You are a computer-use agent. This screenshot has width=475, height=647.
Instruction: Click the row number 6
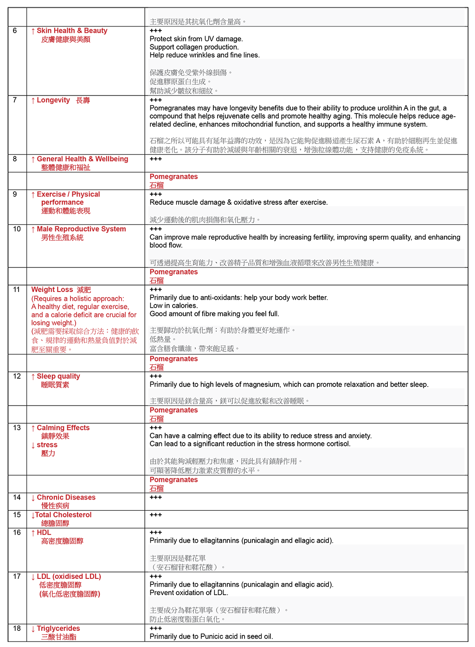point(15,31)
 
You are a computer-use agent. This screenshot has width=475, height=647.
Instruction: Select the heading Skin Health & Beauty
point(72,31)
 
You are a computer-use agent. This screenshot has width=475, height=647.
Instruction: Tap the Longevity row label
point(53,100)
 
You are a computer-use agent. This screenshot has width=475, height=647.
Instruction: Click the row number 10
point(17,229)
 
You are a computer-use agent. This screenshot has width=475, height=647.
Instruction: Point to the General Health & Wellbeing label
point(82,159)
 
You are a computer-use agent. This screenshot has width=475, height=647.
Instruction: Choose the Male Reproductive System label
point(81,229)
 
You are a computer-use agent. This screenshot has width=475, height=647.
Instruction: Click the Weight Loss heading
point(52,290)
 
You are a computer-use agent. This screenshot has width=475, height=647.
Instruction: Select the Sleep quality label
point(58,376)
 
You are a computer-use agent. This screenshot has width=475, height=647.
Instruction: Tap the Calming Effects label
point(63,428)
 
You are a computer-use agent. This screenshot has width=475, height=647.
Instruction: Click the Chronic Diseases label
point(66,497)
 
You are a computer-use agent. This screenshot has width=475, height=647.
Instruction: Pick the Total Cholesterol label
point(63,515)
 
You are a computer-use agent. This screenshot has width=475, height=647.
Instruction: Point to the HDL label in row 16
point(44,533)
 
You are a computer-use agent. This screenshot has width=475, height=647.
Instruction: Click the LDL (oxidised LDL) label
point(69,577)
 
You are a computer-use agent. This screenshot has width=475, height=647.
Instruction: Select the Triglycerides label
point(58,628)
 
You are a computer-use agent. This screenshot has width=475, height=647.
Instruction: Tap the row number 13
point(17,428)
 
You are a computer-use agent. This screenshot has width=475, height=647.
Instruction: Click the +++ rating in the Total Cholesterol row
point(156,515)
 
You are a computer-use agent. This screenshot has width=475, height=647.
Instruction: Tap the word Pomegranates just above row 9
point(173,177)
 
